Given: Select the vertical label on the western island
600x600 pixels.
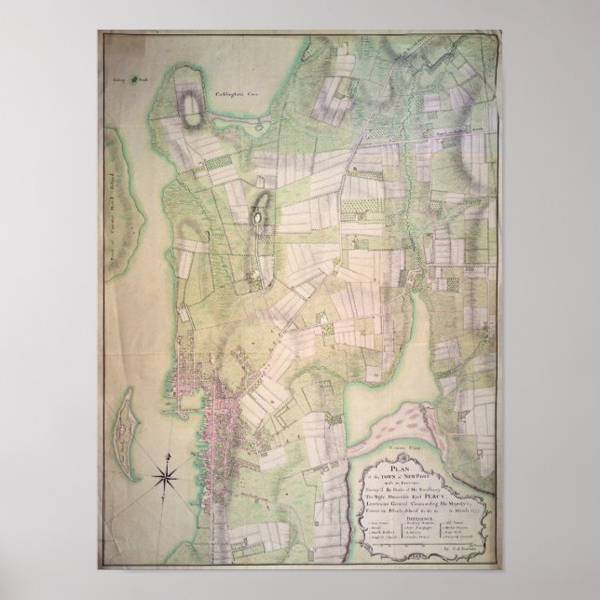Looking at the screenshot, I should (130, 196).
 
